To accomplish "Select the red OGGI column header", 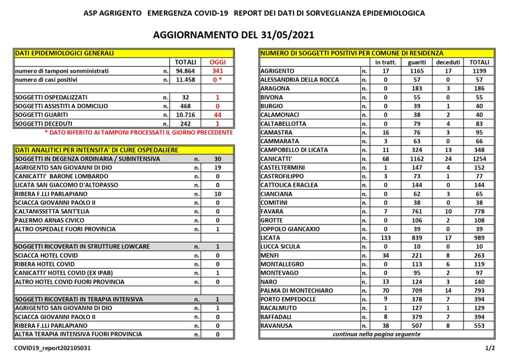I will tap(217, 62).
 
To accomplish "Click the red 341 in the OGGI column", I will tap(217, 71).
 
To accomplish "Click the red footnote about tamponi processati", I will tap(139, 133).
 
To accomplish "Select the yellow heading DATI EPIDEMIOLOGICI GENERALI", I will tap(65, 53).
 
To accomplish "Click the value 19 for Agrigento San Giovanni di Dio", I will tap(217, 168).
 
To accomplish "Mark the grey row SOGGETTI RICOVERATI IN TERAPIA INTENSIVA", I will tap(79, 299).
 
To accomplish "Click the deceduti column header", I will tap(448, 62).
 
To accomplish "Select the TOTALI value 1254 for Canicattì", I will tap(479, 159).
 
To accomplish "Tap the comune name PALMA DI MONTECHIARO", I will tap(297, 290).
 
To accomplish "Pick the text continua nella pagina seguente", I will tap(376, 334).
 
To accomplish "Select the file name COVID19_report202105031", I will tap(52, 349).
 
